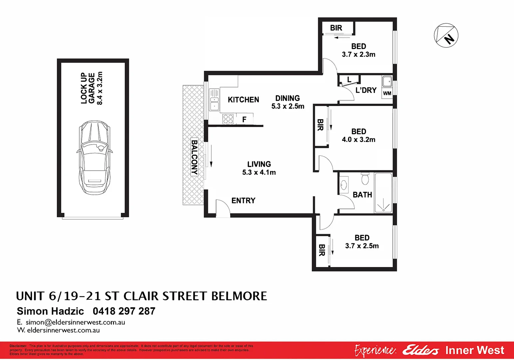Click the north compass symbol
(446, 35)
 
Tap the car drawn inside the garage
(94, 157)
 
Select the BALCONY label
(194, 157)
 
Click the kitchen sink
(214, 100)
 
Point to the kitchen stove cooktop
(228, 119)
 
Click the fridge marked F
(245, 119)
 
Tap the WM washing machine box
(387, 93)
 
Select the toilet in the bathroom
(365, 179)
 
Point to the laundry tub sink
(387, 81)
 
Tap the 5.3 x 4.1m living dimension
(259, 172)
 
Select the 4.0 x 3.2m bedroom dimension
(358, 140)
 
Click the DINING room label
(287, 98)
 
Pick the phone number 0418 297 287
(124, 311)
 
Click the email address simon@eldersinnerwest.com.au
(75, 322)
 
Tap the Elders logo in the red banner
(420, 350)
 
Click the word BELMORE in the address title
(239, 296)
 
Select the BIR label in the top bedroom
(336, 28)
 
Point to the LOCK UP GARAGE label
(88, 88)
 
